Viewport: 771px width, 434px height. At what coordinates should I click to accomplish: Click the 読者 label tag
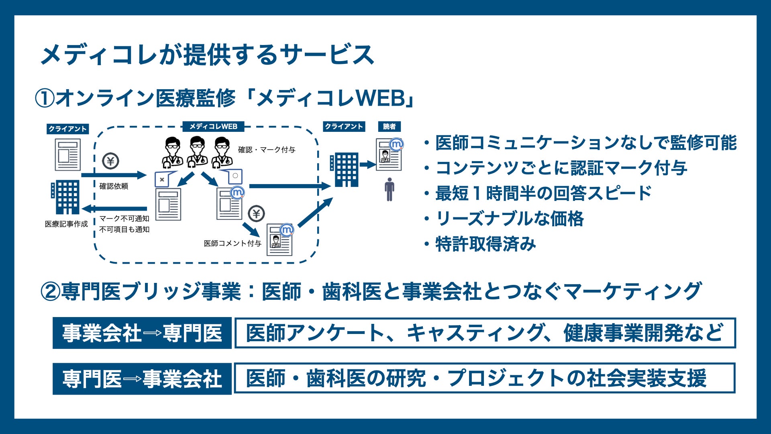tap(389, 127)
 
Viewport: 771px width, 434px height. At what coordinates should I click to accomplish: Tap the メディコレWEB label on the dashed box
tap(213, 127)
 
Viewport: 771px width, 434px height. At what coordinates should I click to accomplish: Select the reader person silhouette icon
tap(389, 189)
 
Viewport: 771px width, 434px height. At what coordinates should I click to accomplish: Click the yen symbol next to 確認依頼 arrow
tap(110, 161)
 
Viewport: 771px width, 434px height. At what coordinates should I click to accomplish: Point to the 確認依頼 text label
tap(114, 186)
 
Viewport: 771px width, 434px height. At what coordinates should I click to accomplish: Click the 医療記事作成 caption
tap(66, 224)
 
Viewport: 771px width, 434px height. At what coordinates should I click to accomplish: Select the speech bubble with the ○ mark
tap(234, 176)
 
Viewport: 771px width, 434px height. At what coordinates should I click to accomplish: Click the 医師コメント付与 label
tap(233, 243)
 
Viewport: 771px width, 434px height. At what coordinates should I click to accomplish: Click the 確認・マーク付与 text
tap(267, 150)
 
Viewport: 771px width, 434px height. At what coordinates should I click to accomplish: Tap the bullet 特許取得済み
tap(485, 244)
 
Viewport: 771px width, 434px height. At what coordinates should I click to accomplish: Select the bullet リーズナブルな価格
tap(510, 219)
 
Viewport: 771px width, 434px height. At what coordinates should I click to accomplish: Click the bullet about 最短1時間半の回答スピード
tap(543, 193)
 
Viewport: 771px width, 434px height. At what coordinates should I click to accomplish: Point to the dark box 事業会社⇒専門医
tap(142, 333)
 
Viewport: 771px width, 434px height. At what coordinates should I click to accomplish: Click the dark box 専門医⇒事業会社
tap(142, 379)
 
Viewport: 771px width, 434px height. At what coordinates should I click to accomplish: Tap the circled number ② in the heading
tap(51, 292)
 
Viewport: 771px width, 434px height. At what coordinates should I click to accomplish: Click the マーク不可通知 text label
tap(124, 219)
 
